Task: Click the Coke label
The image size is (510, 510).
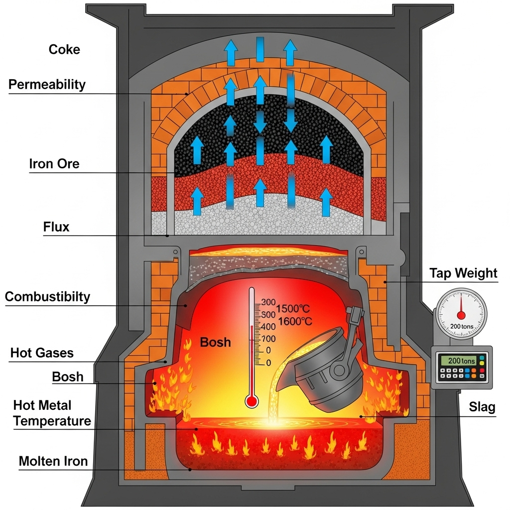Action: (64, 49)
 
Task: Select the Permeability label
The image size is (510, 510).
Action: (47, 84)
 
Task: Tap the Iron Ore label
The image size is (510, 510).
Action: (54, 164)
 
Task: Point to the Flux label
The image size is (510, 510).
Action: (56, 228)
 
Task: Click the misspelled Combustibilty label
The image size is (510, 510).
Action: (47, 297)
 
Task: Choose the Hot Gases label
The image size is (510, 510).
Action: (42, 353)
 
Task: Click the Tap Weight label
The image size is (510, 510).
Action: (463, 273)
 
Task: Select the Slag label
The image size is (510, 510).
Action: (482, 407)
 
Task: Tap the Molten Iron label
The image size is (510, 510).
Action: (53, 461)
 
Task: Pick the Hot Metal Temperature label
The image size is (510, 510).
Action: (52, 413)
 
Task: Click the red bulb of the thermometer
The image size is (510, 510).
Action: (252, 401)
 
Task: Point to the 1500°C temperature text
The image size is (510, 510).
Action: (293, 308)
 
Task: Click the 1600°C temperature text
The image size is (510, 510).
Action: (295, 321)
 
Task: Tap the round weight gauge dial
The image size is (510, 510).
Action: (461, 314)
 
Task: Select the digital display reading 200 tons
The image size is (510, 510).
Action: (461, 360)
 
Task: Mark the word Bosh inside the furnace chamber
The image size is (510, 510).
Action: (216, 342)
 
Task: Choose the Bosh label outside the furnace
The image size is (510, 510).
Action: (68, 377)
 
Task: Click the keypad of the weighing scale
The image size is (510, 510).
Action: (461, 373)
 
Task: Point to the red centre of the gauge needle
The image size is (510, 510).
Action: (461, 315)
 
